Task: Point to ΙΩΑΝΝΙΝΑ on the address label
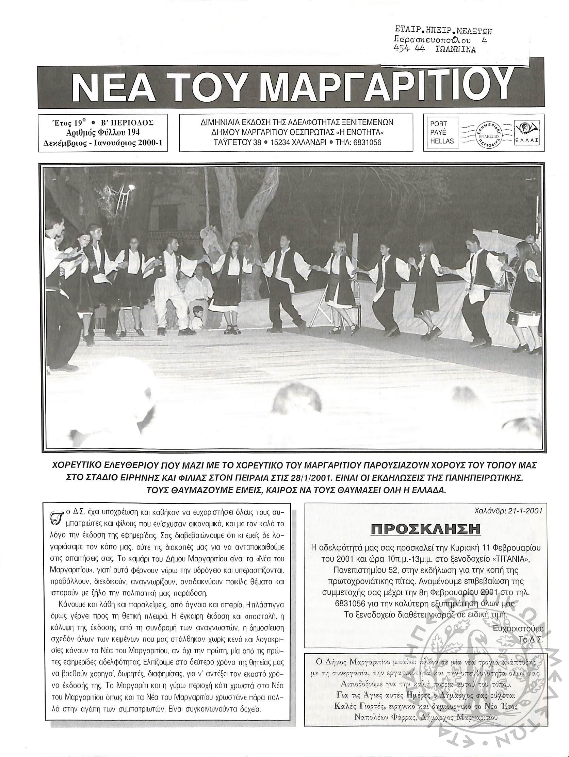point(455,50)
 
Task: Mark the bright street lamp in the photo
point(131,187)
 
